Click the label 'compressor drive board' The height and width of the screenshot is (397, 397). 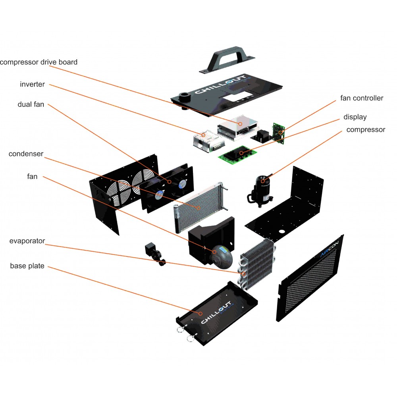(39, 62)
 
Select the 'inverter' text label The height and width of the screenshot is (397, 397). (32, 84)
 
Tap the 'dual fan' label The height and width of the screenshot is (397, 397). (31, 104)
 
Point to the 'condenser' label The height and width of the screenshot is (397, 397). (26, 154)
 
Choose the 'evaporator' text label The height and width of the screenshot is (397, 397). (27, 241)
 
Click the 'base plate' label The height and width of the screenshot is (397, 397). (27, 266)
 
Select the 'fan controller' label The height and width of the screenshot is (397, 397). (362, 98)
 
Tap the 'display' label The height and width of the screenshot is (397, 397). (355, 117)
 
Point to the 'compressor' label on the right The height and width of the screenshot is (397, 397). (366, 129)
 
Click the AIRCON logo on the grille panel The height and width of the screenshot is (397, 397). (331, 248)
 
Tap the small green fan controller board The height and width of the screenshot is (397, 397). (278, 132)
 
